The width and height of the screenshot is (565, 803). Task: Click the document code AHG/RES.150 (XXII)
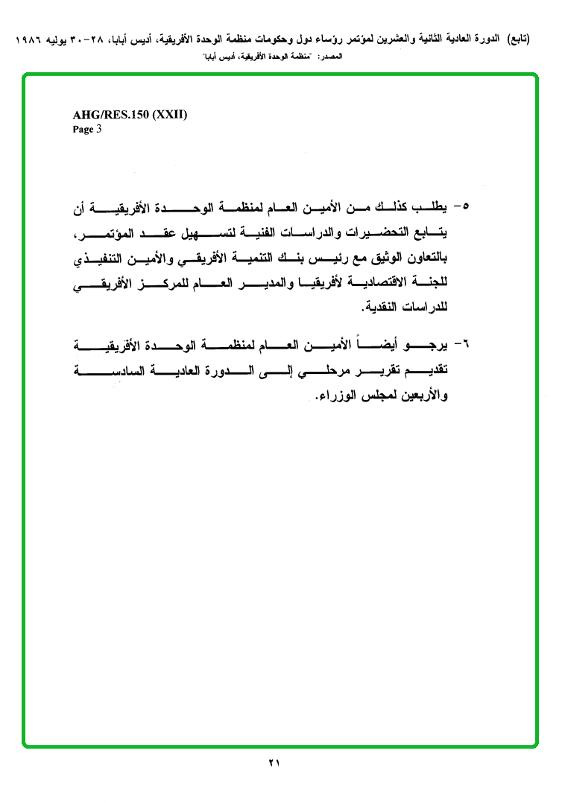click(x=130, y=115)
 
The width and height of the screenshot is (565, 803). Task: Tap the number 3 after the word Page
click(x=98, y=129)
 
